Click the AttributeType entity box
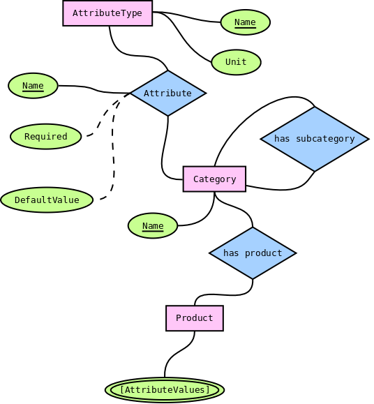click(107, 13)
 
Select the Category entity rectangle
click(214, 179)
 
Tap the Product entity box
click(195, 318)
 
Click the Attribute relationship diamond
click(167, 93)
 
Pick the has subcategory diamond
click(314, 139)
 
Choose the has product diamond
click(253, 253)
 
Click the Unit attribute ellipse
click(236, 62)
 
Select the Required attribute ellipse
click(46, 137)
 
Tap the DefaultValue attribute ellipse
click(47, 200)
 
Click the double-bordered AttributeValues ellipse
click(165, 389)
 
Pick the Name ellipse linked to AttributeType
click(245, 22)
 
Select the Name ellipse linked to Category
click(153, 226)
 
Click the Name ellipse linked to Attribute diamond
click(33, 86)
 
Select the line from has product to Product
click(223, 294)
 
